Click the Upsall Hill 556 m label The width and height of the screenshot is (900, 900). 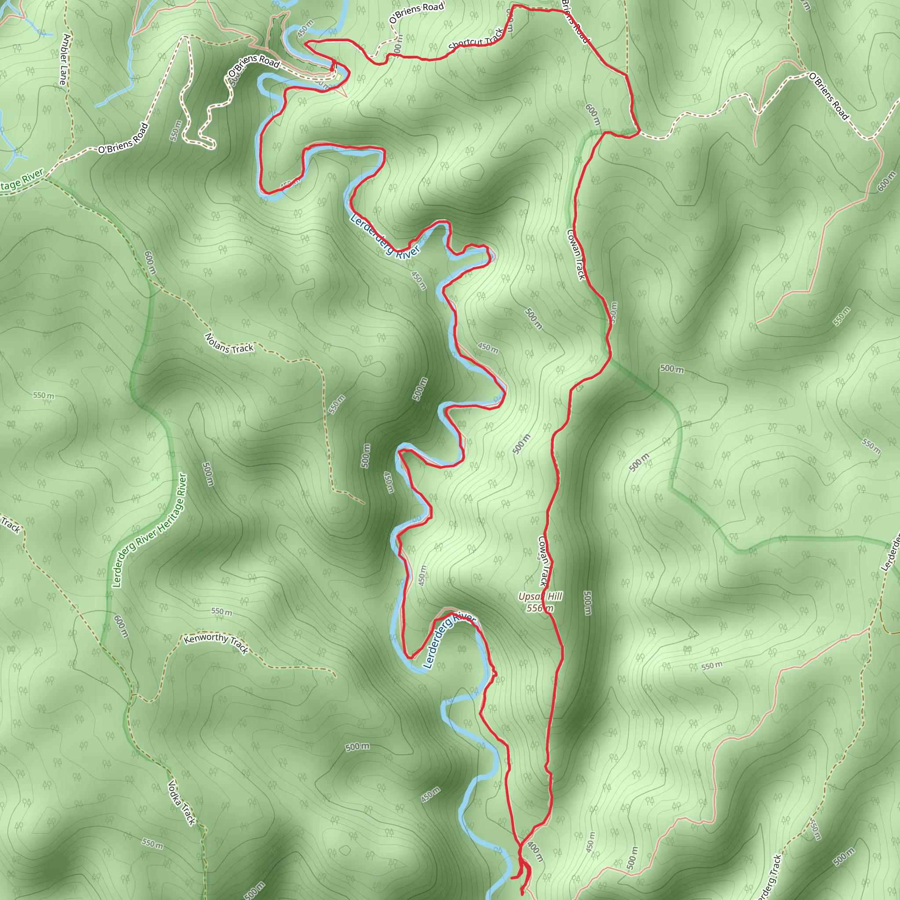540,602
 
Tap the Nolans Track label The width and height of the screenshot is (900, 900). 229,343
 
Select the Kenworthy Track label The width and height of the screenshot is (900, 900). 216,643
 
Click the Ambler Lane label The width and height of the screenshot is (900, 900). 65,59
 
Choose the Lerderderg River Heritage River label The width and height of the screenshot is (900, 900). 149,530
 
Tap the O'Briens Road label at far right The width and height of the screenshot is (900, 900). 829,96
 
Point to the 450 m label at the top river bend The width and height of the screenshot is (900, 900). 305,29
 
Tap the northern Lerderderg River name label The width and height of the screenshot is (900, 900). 385,236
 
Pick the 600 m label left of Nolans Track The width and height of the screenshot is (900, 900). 149,263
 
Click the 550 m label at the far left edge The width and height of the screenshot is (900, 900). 44,396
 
